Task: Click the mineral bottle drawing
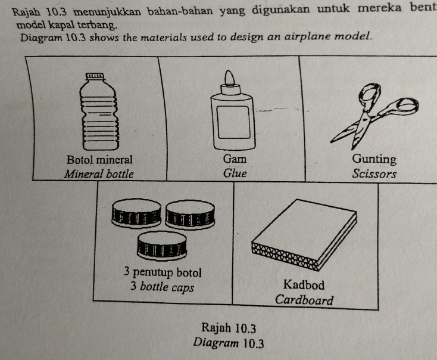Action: pos(99,111)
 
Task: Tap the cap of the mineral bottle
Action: pos(95,76)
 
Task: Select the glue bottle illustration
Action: pos(233,110)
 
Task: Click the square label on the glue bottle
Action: pos(233,122)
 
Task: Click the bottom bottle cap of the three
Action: pos(162,246)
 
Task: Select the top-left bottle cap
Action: pos(136,213)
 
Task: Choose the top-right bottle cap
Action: pos(190,215)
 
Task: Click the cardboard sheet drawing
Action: pos(304,235)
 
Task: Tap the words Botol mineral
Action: pos(99,160)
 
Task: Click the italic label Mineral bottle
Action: pos(99,174)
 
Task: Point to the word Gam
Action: pos(235,159)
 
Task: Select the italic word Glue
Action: pos(235,173)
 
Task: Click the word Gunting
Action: pos(374,159)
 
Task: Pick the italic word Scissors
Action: pos(374,173)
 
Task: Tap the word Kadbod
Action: pos(304,285)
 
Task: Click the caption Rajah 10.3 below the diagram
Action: pos(229,328)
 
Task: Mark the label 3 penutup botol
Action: pos(163,272)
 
